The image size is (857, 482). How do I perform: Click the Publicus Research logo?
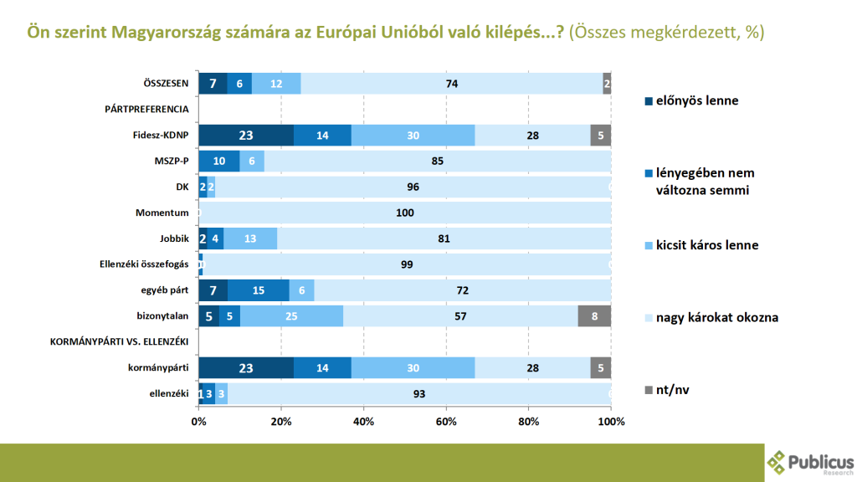point(811,463)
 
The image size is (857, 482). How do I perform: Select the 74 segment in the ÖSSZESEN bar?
point(452,84)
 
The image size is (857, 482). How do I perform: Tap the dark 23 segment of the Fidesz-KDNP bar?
point(246,136)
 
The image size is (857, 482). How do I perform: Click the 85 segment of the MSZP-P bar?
point(438,162)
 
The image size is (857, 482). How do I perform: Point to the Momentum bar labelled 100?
point(405,213)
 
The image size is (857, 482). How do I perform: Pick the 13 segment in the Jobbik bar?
point(250,239)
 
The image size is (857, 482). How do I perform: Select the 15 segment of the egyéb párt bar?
point(259,291)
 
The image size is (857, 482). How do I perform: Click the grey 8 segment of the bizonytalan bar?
point(594,317)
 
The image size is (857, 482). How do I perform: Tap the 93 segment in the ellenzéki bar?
point(418,394)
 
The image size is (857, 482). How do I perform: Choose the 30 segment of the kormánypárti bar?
point(413,368)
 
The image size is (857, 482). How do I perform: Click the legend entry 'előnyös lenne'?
point(690,101)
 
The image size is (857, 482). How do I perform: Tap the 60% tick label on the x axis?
point(446,421)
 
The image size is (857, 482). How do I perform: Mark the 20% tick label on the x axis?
point(281,421)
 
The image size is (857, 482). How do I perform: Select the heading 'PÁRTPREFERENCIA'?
point(146,110)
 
